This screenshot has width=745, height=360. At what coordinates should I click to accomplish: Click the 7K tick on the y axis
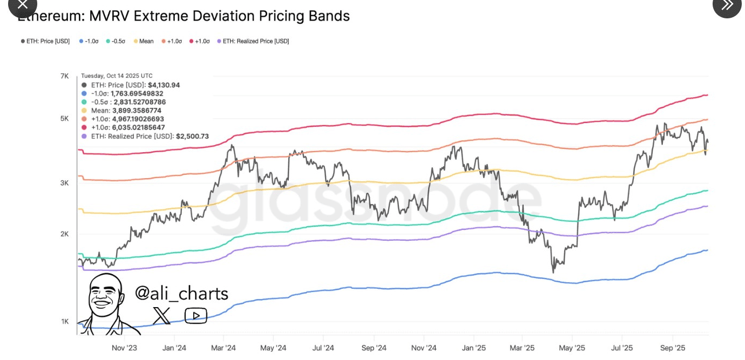(x=64, y=76)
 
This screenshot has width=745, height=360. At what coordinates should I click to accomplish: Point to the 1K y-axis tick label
(x=65, y=322)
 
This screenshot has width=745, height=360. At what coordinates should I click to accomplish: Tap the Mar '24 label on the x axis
(x=223, y=348)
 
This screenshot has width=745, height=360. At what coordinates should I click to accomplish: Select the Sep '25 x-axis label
(x=673, y=348)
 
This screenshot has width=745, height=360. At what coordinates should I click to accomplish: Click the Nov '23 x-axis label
(x=124, y=348)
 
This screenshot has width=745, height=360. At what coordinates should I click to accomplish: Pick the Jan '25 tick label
(x=475, y=348)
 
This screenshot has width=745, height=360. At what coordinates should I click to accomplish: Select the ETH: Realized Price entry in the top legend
(x=255, y=41)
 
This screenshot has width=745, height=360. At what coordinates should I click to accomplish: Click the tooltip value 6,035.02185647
(x=138, y=127)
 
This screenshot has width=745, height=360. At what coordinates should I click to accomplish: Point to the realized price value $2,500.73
(x=192, y=136)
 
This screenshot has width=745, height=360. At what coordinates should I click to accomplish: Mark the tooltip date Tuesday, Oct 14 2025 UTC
(x=117, y=76)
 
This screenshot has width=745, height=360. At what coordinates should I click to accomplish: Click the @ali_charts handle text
(x=181, y=293)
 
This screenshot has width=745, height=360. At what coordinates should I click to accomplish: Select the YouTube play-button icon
(x=195, y=316)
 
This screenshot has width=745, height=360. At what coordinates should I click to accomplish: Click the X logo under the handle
(x=161, y=316)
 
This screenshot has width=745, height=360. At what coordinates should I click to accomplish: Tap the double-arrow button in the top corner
(x=727, y=5)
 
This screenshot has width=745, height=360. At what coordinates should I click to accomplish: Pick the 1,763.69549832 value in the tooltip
(x=137, y=93)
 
